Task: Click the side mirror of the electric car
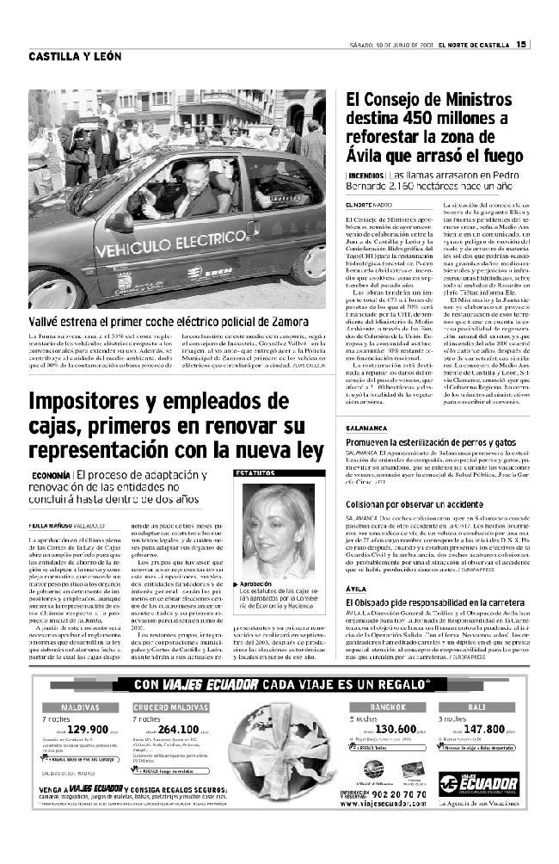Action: (x=120, y=222)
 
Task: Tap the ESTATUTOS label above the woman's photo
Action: (x=255, y=473)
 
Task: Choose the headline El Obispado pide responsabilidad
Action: (x=436, y=579)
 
